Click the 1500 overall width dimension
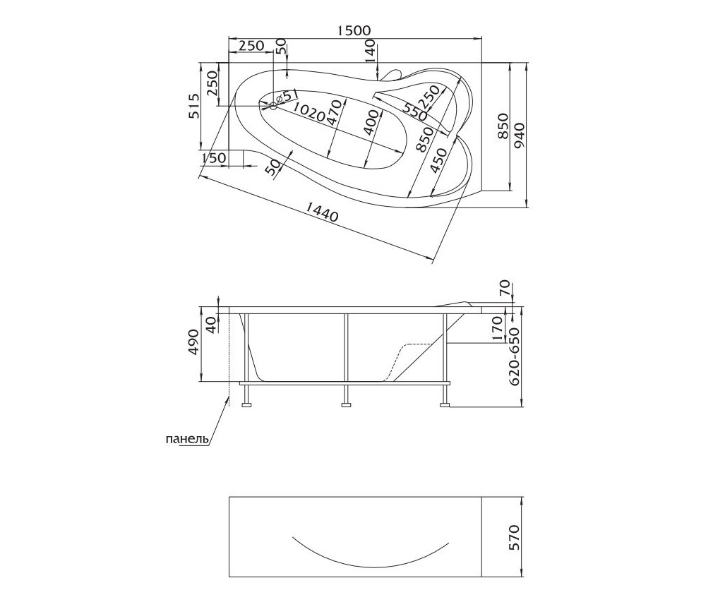click(x=354, y=30)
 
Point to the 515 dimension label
click(x=194, y=106)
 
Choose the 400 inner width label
click(x=373, y=124)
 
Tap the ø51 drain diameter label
click(x=287, y=96)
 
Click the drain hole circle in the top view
click(x=274, y=106)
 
